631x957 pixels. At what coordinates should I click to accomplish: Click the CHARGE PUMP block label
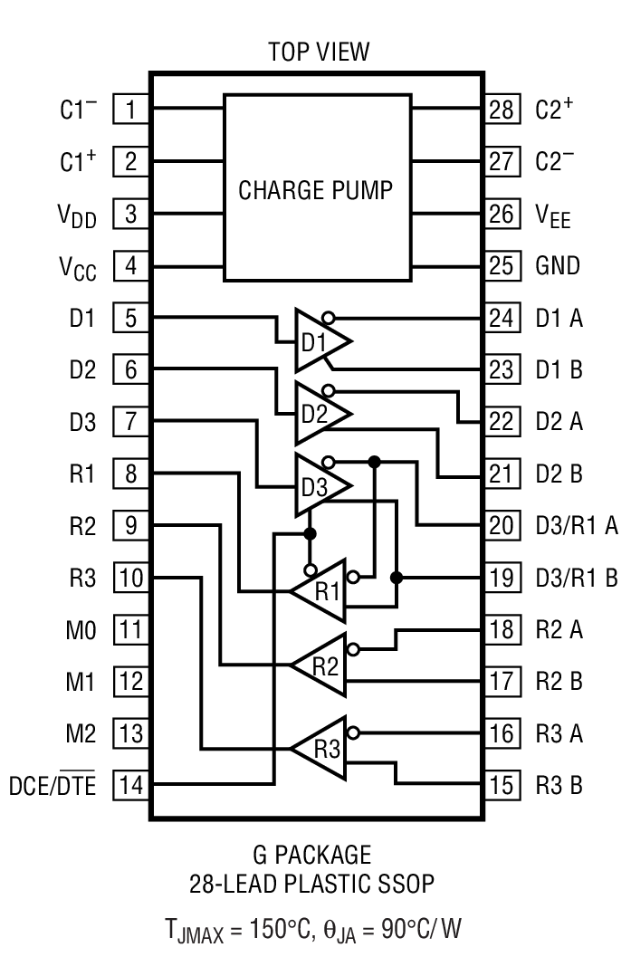[315, 190]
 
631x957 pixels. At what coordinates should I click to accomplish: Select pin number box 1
[131, 110]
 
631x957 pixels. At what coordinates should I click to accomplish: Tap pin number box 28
[501, 110]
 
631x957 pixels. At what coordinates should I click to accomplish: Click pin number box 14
[131, 784]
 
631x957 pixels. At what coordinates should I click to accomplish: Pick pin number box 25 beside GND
[501, 266]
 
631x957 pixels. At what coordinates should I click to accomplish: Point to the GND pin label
[558, 266]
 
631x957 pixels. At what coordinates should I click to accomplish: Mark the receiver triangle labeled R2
[322, 666]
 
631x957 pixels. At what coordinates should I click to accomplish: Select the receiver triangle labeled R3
[322, 748]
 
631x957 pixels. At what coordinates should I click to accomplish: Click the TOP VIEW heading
[319, 52]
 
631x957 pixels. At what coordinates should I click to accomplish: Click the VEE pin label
[553, 216]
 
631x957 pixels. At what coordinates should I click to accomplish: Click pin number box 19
[501, 577]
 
